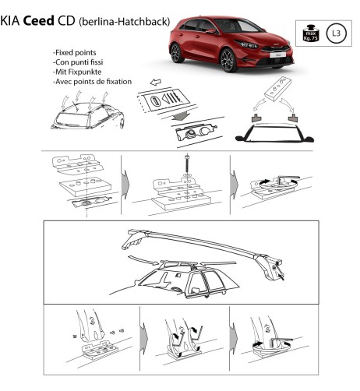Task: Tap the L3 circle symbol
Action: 334,33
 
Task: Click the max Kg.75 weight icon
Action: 309,33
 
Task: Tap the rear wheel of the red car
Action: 176,53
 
